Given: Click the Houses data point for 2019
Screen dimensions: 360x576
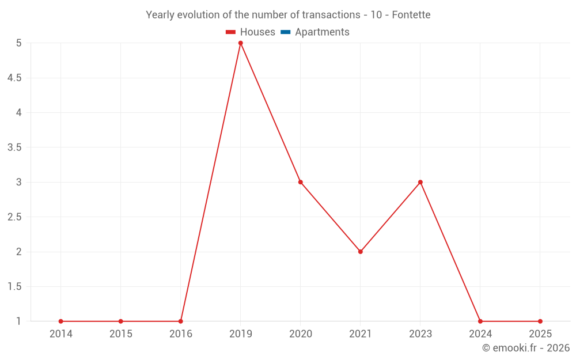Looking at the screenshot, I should [241, 43].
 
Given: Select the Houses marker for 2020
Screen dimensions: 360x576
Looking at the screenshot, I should [301, 182].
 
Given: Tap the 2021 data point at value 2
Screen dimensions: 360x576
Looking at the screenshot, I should [361, 252].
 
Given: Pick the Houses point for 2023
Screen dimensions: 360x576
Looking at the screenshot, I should [420, 182].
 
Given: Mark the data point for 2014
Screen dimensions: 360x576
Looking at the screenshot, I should [61, 321].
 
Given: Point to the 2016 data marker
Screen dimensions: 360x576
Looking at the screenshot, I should [181, 321].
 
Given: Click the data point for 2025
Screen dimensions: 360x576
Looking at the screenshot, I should [540, 321].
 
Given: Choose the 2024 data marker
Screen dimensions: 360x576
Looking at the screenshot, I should [480, 321].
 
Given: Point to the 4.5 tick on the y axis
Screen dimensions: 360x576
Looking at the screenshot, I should [14, 78].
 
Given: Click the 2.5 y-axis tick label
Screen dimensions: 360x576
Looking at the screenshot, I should [14, 217].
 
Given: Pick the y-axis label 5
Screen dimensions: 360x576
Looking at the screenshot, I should [18, 43].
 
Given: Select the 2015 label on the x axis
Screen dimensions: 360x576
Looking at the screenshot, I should [121, 334].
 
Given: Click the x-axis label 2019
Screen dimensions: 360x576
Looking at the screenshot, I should [241, 334].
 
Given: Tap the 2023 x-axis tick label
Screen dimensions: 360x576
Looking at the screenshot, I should [420, 334].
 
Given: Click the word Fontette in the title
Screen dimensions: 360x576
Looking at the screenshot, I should [411, 15].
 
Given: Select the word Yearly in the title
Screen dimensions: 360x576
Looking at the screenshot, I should [160, 15].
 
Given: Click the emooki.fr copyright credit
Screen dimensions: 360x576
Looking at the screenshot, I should [526, 348].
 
